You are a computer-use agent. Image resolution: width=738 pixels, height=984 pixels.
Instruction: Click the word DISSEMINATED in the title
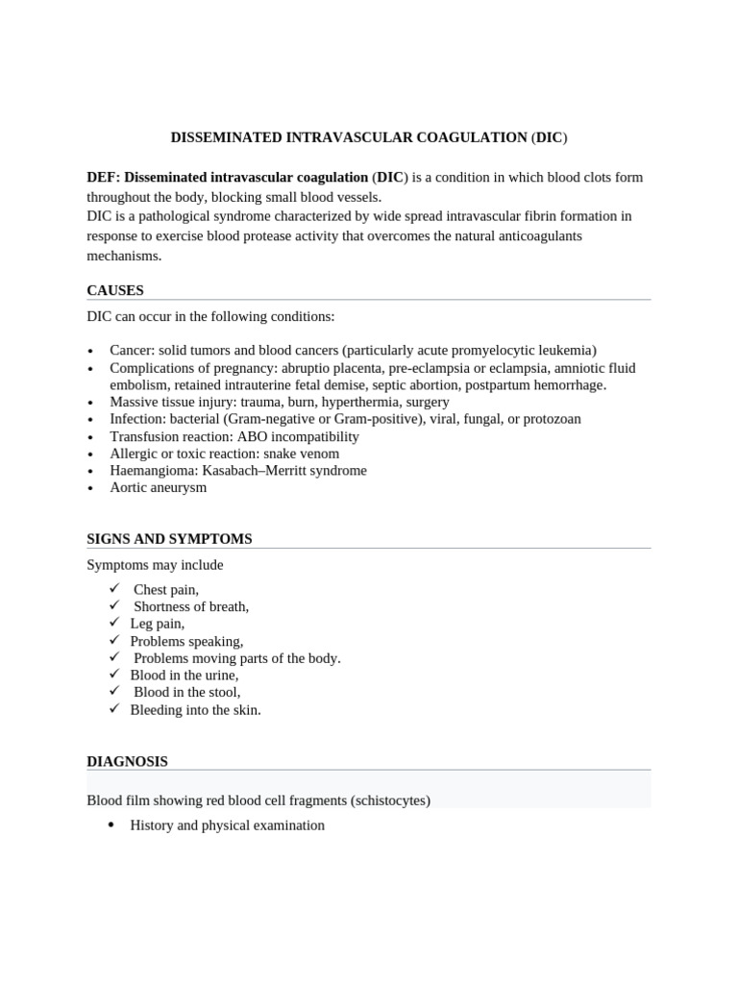(x=226, y=137)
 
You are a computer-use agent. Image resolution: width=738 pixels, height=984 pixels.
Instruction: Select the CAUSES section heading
(x=115, y=290)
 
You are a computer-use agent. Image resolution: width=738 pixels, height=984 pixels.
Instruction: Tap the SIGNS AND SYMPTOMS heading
(x=169, y=539)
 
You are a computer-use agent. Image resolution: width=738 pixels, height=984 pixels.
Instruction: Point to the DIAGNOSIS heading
(x=127, y=761)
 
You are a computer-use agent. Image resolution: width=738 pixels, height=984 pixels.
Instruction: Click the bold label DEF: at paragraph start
(x=104, y=178)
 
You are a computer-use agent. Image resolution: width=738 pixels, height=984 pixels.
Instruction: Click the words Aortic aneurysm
(x=158, y=487)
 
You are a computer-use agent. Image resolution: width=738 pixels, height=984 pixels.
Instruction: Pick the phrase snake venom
(x=305, y=454)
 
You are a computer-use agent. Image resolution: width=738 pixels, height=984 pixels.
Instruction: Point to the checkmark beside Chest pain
(x=114, y=588)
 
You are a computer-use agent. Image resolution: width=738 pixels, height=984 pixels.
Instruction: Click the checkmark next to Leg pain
(x=114, y=623)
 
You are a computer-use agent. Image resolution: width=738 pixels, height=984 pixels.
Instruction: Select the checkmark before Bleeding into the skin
(x=114, y=709)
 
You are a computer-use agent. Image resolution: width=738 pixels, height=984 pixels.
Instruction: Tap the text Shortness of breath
(x=190, y=606)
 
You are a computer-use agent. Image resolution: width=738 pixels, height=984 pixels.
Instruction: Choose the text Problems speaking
(x=186, y=641)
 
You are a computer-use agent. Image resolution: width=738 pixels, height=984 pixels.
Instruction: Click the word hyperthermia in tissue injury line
(x=360, y=402)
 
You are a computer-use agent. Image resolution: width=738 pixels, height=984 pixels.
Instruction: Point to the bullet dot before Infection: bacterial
(x=90, y=420)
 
